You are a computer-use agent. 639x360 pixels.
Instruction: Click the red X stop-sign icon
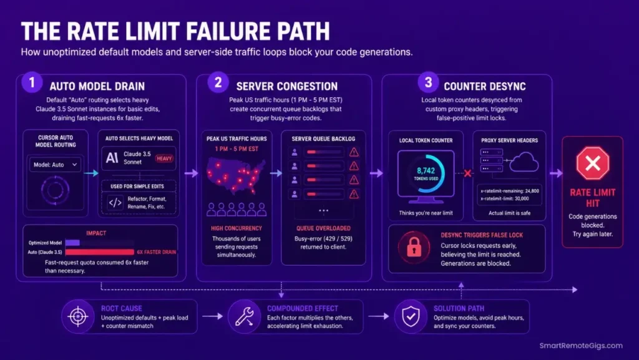[x=593, y=163]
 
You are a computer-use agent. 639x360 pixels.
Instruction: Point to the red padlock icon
[x=414, y=247]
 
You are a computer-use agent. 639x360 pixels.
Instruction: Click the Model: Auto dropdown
[x=55, y=165]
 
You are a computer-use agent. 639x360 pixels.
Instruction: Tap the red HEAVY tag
[x=164, y=158]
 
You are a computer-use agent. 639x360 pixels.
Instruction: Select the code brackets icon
[x=115, y=202]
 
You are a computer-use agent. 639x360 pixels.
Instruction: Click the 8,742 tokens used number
[x=426, y=170]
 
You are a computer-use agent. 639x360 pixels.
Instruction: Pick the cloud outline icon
[x=524, y=162]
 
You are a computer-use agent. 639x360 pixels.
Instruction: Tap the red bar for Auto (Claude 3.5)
[x=99, y=252]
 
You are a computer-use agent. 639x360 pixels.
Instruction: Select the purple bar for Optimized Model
[x=72, y=243]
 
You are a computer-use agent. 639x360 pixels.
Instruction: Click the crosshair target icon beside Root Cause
[x=78, y=316]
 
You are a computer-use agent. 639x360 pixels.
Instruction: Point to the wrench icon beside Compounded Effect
[x=245, y=316]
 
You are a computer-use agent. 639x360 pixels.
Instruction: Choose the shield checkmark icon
[x=411, y=316]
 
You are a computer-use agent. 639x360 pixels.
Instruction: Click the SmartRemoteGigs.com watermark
[x=581, y=346]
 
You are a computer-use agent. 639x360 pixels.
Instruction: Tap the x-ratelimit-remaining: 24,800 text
[x=509, y=190]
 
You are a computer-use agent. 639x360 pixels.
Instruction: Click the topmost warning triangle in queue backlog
[x=354, y=152]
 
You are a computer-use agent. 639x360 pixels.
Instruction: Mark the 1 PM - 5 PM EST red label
[x=237, y=148]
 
